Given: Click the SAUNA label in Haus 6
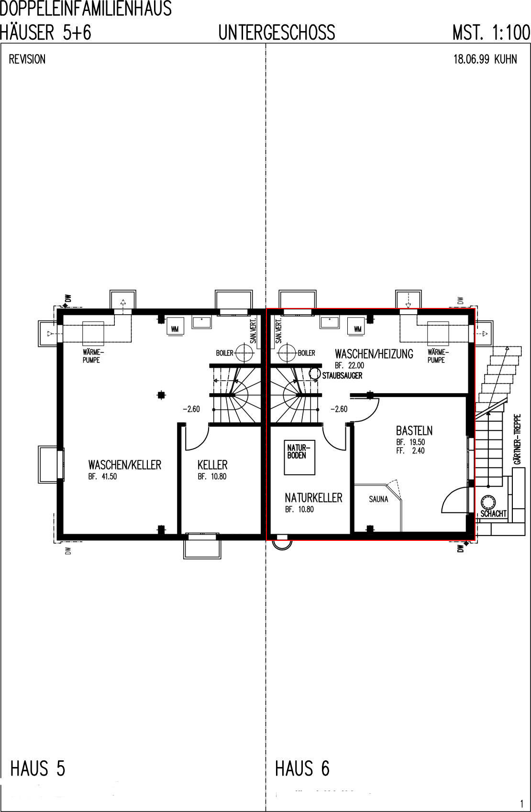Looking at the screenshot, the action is pyautogui.click(x=378, y=499).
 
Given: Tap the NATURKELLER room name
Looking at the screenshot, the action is pyautogui.click(x=313, y=498).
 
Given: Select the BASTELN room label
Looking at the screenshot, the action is pyautogui.click(x=414, y=431).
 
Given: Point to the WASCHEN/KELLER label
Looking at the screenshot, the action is pyautogui.click(x=125, y=465).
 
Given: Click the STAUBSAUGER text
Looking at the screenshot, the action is pyautogui.click(x=343, y=375).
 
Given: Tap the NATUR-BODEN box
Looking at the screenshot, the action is pyautogui.click(x=299, y=458).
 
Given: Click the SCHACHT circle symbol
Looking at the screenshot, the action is pyautogui.click(x=488, y=502).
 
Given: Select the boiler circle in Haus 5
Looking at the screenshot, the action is pyautogui.click(x=244, y=352).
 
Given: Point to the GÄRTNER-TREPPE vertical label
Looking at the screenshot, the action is pyautogui.click(x=518, y=439).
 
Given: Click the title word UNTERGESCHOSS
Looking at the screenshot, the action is pyautogui.click(x=277, y=32).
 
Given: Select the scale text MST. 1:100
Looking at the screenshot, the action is pyautogui.click(x=491, y=33).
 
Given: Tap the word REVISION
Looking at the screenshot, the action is pyautogui.click(x=27, y=59).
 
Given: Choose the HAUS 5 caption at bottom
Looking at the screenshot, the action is pyautogui.click(x=38, y=768).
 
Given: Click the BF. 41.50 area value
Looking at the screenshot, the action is pyautogui.click(x=103, y=477).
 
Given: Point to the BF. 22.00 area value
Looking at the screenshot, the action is pyautogui.click(x=350, y=365).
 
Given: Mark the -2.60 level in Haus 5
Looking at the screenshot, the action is pyautogui.click(x=191, y=409).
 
